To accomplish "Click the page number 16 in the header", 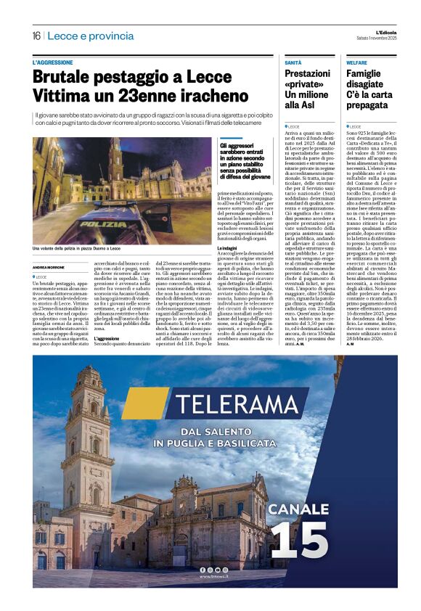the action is click(36, 36).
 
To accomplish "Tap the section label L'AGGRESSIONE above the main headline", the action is click(53, 63).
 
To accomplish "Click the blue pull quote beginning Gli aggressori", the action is click(245, 161).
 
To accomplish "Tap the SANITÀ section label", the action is click(293, 64).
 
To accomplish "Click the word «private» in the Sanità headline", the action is click(305, 84).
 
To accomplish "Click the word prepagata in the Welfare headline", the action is click(369, 106).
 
